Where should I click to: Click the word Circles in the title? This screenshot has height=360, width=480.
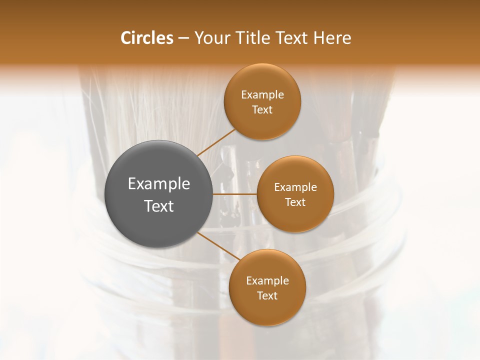click(147, 38)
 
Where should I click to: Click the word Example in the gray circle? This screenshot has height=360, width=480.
click(159, 184)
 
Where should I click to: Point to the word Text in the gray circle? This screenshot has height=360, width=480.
click(159, 206)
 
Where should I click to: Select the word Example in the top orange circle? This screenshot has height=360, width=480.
click(262, 95)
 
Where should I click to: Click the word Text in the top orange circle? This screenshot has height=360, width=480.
click(262, 110)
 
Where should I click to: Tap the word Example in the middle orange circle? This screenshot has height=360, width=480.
click(295, 187)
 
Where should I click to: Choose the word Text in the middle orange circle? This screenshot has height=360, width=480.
click(295, 202)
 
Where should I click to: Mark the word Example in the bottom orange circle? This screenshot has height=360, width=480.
click(267, 281)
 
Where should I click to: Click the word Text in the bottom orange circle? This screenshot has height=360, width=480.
click(267, 296)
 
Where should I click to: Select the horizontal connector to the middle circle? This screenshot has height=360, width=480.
click(235, 194)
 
